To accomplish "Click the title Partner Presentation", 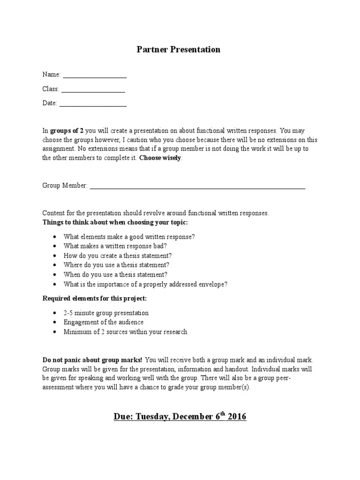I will pyautogui.click(x=178, y=49).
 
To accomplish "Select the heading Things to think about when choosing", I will pyautogui.click(x=115, y=222).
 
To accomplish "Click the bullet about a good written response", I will pyautogui.click(x=129, y=237).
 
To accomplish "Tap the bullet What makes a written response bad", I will pyautogui.click(x=115, y=246).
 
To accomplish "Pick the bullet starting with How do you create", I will pyautogui.click(x=118, y=256).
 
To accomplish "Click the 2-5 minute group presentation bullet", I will pyautogui.click(x=106, y=313).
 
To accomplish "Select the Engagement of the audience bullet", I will pyautogui.click(x=104, y=322).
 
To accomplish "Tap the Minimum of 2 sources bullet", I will pyautogui.click(x=125, y=332).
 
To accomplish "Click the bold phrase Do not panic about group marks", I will pyautogui.click(x=92, y=360).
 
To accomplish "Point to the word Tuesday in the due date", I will pyautogui.click(x=153, y=416).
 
